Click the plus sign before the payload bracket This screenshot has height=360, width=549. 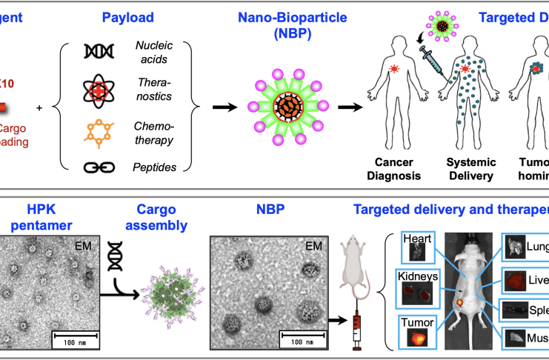(x=39, y=108)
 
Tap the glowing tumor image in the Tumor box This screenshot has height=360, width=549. (x=417, y=337)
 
